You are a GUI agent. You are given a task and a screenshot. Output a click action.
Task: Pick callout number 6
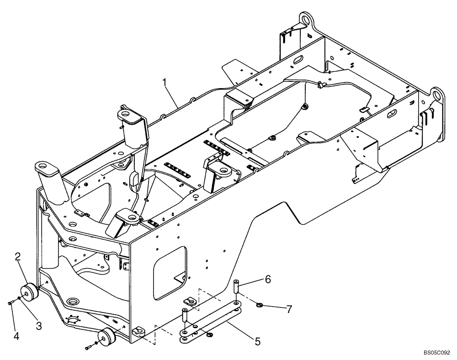pyautogui.click(x=268, y=278)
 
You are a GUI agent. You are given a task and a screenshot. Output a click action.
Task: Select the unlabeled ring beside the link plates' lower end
pyautogui.click(x=209, y=335)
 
